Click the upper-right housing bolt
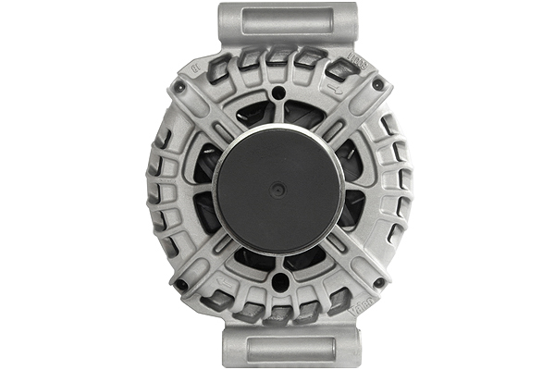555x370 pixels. pos(377,85)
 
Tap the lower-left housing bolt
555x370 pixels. pos(181,284)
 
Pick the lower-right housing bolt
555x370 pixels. pos(377,283)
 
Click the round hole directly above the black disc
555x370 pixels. pos(278,93)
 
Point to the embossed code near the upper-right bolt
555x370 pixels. pos(358,58)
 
